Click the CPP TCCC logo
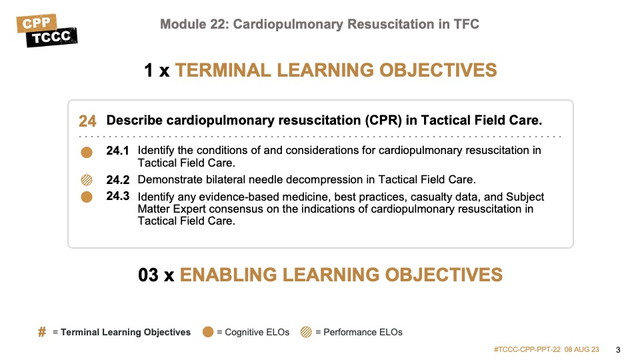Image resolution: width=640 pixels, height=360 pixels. point(47,31)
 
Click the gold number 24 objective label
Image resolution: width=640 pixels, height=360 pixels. point(87,121)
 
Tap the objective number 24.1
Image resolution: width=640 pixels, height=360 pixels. point(117,151)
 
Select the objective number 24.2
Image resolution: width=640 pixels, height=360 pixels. point(117,179)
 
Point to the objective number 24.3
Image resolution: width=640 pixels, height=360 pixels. point(117,196)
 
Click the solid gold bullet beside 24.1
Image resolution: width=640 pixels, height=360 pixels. point(87,152)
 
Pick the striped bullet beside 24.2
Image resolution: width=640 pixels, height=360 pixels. point(87,180)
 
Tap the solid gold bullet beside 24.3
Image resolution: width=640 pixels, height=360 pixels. point(87,197)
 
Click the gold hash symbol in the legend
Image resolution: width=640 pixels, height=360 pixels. point(42,332)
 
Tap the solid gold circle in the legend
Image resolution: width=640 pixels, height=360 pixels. point(208,332)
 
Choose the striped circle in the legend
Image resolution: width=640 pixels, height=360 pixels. point(306,332)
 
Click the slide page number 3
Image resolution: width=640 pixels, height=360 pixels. point(618,350)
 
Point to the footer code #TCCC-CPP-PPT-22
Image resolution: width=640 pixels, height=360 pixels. point(527,349)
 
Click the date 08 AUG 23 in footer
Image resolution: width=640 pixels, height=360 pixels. point(581,349)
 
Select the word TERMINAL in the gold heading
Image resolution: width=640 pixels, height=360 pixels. point(223,70)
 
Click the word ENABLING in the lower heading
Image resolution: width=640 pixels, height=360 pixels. point(228,275)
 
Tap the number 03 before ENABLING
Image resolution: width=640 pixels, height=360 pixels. point(148,275)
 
